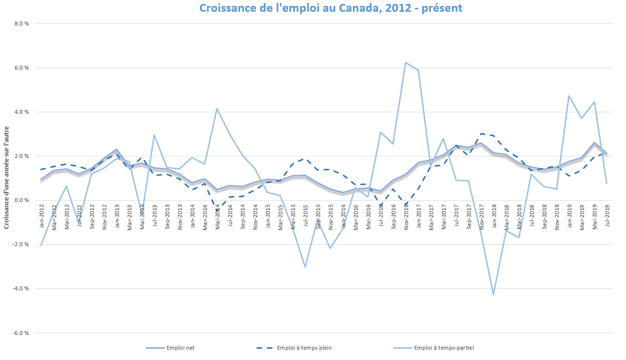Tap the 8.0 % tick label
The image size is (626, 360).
pos(22,24)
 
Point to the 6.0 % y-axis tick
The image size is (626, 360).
pos(22,68)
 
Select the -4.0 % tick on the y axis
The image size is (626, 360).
pos(21,288)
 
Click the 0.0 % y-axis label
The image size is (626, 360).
pos(22,200)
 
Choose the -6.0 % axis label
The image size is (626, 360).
pos(21,333)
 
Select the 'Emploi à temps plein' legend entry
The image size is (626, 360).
pos(304,348)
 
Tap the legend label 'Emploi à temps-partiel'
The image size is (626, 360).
pos(444,348)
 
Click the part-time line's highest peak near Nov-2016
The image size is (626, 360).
pos(405,62)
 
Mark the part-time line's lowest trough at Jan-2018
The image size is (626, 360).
pos(494,294)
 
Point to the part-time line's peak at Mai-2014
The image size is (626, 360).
pos(217,108)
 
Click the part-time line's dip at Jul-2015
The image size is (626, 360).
pos(305,267)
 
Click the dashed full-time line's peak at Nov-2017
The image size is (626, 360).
pos(481,133)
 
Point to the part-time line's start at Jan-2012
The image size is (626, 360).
pos(41,245)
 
